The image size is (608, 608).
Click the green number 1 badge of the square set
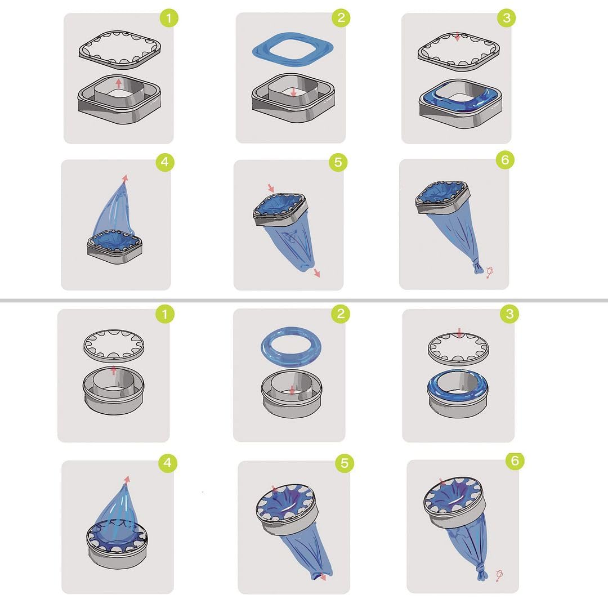click(x=169, y=18)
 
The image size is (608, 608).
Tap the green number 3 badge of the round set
click(x=509, y=314)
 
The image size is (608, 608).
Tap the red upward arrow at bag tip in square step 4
click(x=124, y=178)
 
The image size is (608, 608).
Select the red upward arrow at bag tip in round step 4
click(x=127, y=480)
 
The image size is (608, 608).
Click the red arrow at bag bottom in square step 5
click(x=317, y=273)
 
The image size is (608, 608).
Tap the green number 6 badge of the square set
click(x=504, y=160)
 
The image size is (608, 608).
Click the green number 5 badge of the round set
click(x=345, y=463)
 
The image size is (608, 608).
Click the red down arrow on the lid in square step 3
click(x=458, y=38)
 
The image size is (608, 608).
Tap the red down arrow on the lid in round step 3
click(x=459, y=334)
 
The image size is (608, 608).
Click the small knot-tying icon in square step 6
click(x=490, y=272)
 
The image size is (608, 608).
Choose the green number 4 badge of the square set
click(x=164, y=163)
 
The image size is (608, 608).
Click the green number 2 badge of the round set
click(x=340, y=314)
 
